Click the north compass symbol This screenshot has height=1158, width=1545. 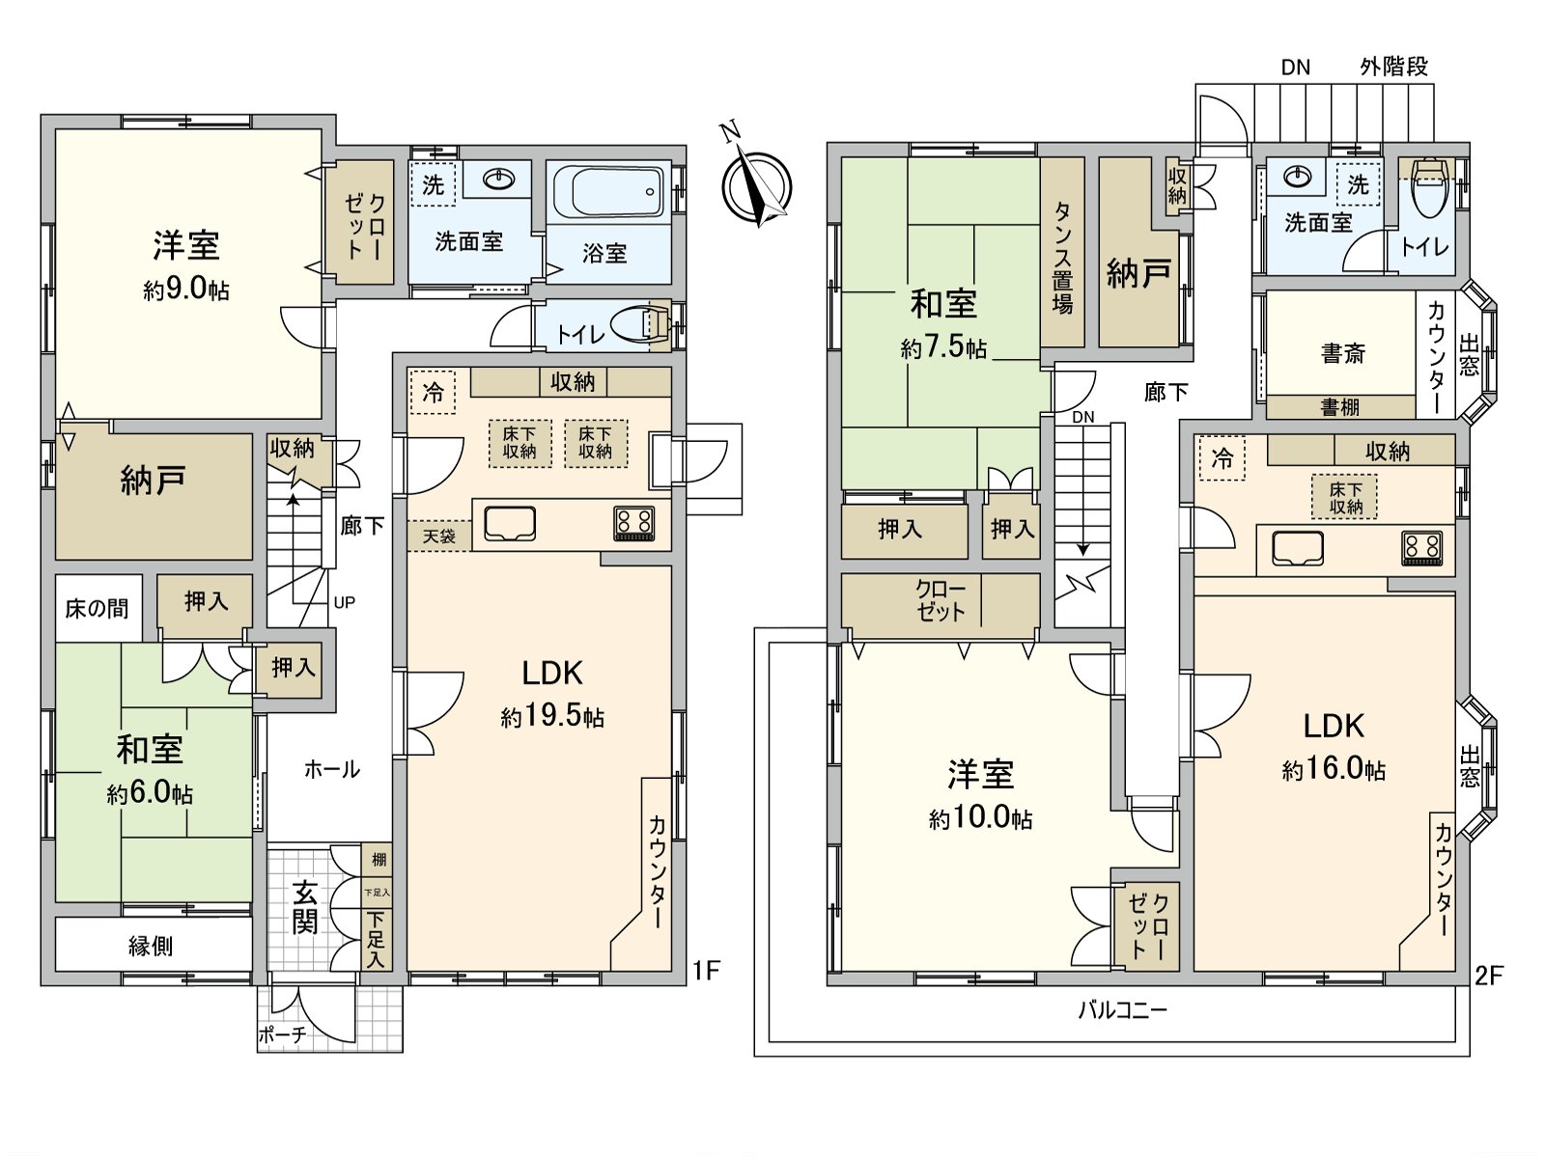coord(758,184)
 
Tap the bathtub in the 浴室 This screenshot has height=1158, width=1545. coord(607,192)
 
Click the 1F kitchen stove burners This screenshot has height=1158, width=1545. coord(633,523)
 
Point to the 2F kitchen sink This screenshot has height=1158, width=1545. coord(1297,548)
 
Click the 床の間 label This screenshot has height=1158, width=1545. coord(97,608)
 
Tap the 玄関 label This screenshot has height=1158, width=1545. coord(305,907)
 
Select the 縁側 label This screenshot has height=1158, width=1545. coord(151,946)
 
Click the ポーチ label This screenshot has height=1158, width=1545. coord(282,1035)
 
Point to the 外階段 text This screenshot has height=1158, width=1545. coord(1393,67)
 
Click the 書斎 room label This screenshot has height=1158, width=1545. coord(1343,353)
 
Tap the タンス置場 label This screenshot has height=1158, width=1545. coord(1062,258)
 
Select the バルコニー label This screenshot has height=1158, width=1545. coord(1122,1010)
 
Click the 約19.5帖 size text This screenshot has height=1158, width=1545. coord(552,716)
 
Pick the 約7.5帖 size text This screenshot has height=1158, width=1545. coord(943,347)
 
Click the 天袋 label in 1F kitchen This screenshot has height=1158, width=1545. coord(439,536)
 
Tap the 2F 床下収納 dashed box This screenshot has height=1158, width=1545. coord(1345,497)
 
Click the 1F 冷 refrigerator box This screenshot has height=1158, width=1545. coord(433,392)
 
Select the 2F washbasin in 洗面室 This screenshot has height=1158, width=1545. coord(1297,178)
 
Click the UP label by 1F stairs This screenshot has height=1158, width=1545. coord(344,602)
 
